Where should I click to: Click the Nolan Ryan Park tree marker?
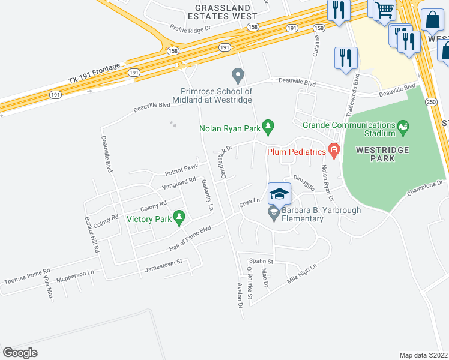tap(268, 126)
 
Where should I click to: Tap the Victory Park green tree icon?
tap(178, 217)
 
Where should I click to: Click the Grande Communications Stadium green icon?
tap(403, 126)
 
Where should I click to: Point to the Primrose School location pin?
tap(238, 76)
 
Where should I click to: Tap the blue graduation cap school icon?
tap(279, 194)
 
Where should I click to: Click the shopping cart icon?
tap(384, 10)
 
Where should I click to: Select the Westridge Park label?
tap(382, 154)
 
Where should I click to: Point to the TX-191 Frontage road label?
tap(95, 71)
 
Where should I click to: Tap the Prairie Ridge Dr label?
tap(191, 28)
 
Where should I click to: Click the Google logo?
tap(20, 352)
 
